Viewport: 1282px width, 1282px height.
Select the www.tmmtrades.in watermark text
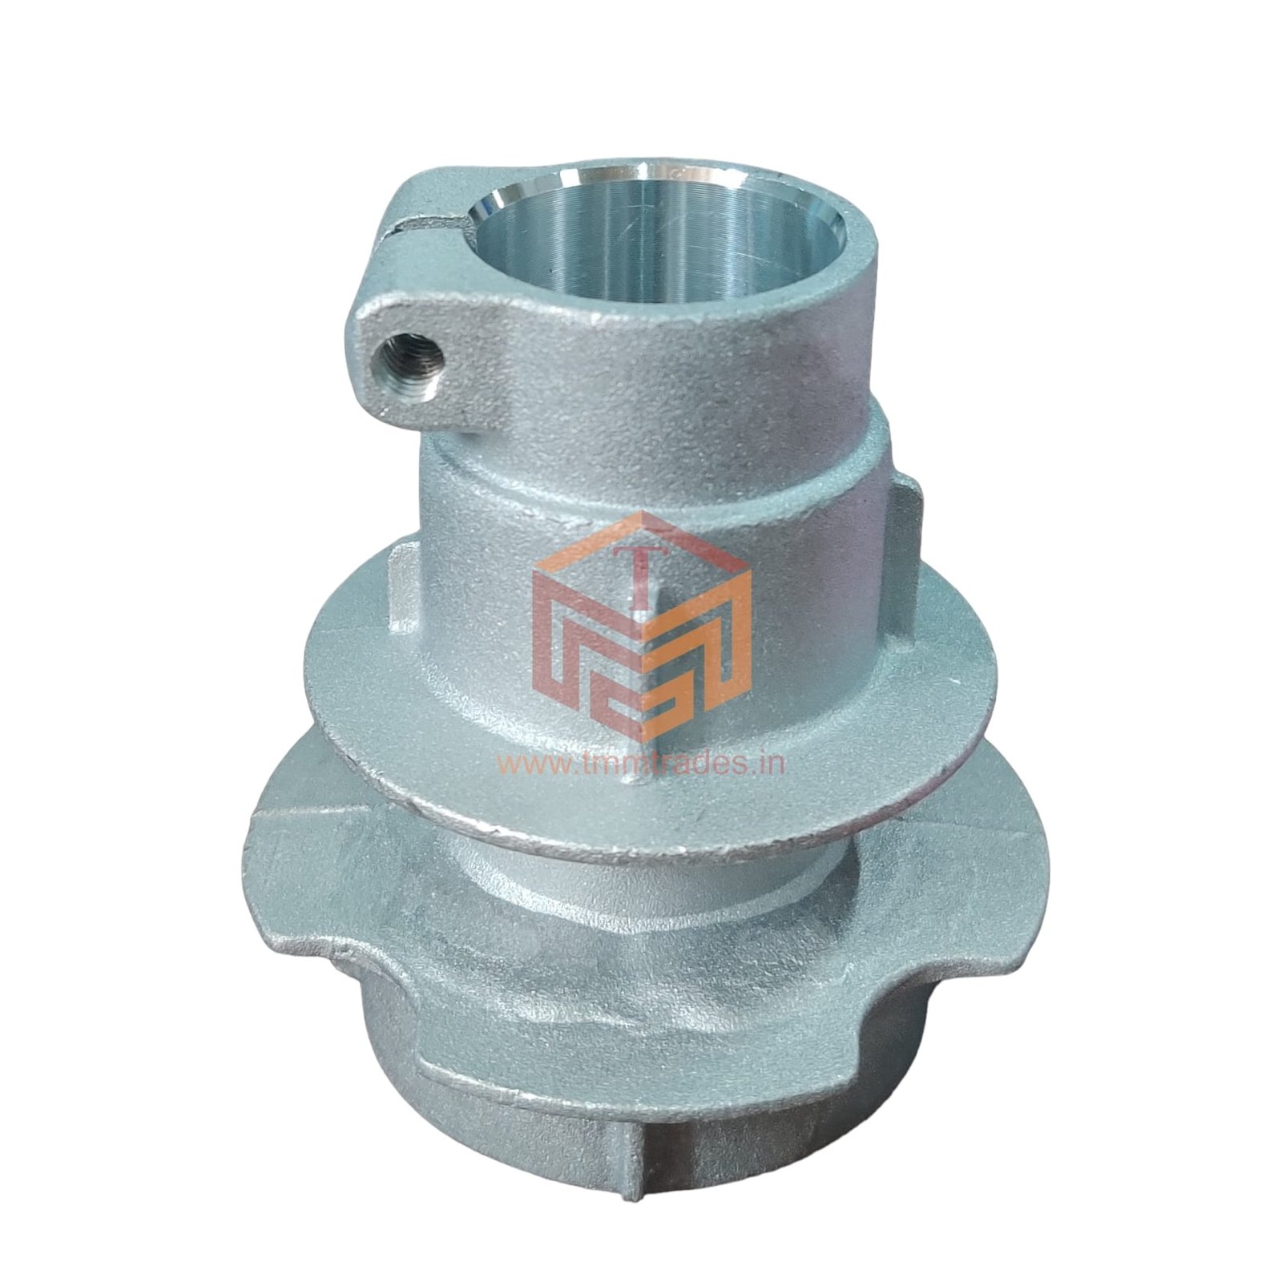tap(642, 763)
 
